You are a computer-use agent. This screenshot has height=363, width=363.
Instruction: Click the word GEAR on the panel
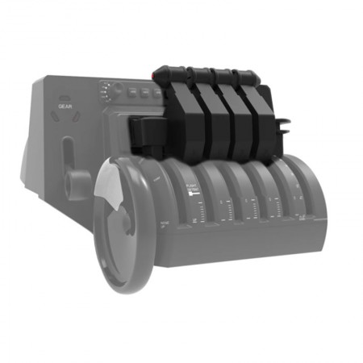pos(65,105)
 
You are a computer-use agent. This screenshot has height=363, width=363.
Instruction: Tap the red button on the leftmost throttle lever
pos(156,73)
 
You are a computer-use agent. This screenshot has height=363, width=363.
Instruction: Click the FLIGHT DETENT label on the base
pos(191,192)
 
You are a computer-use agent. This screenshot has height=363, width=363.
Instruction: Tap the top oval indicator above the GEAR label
pos(65,93)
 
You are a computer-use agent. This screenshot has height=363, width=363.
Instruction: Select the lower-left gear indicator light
pos(55,116)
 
